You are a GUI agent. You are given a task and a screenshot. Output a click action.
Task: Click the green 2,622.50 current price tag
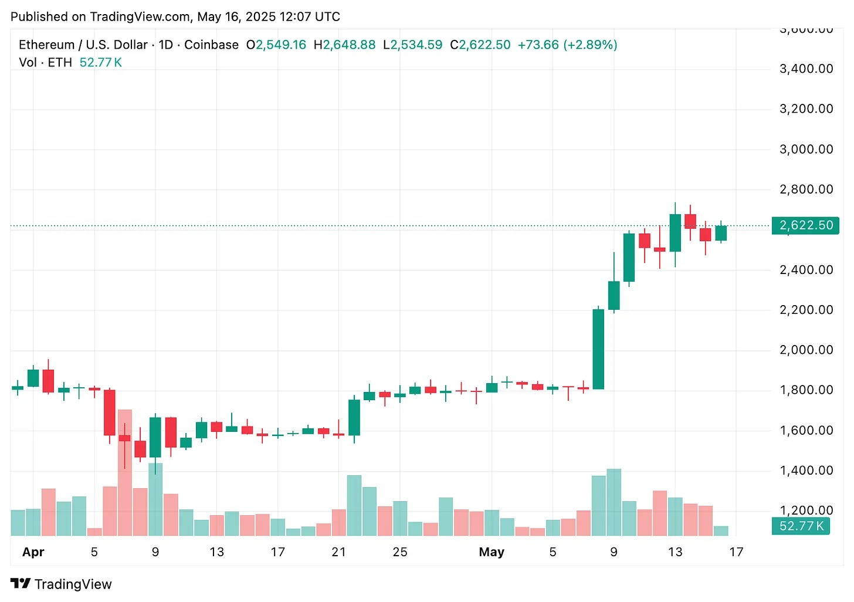click(x=806, y=225)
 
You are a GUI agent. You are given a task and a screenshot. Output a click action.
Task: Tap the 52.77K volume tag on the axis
click(x=801, y=526)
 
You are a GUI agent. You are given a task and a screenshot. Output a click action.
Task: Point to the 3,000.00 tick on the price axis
click(x=806, y=149)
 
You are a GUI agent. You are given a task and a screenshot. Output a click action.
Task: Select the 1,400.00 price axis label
click(x=806, y=470)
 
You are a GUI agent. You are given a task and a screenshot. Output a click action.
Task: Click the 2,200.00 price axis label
click(x=806, y=310)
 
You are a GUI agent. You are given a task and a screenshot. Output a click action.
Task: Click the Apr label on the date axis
click(x=33, y=552)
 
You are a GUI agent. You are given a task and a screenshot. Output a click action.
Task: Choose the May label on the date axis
click(x=492, y=552)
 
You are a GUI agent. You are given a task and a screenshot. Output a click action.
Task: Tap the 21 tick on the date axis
click(x=338, y=552)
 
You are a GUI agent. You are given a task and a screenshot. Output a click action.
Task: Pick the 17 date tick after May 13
click(x=736, y=552)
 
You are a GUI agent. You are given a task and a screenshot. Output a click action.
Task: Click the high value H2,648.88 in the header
click(x=345, y=45)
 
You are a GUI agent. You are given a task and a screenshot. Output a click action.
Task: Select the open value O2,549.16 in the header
click(x=276, y=45)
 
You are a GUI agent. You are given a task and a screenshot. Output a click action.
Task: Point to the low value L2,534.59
click(x=413, y=45)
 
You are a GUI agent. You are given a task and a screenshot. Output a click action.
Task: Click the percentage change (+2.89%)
click(x=590, y=45)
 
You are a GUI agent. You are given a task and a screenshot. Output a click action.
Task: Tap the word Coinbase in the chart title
click(x=211, y=45)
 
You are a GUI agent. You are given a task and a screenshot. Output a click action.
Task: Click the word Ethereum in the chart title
click(x=47, y=45)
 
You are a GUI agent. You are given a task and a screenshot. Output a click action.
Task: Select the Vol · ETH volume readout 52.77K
click(x=100, y=63)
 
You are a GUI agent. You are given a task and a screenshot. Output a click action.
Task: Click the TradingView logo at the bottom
click(x=61, y=584)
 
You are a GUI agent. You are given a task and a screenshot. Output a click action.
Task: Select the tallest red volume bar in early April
click(x=125, y=472)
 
